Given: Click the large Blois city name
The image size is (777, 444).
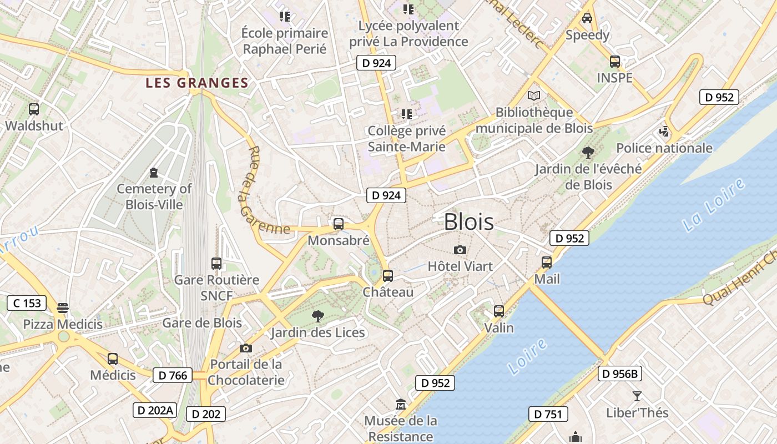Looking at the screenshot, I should pos(469,222).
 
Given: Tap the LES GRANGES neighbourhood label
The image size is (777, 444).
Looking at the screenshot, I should pos(196,83).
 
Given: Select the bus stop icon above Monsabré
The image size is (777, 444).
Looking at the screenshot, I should pos(338,224).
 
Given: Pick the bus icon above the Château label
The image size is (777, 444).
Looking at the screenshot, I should pos(388,275).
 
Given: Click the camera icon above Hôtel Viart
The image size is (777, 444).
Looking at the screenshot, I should pos(460,250).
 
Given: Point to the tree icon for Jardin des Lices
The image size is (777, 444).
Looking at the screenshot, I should pos(318,316).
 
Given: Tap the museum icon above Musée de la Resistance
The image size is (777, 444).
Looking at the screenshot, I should pos(400,404).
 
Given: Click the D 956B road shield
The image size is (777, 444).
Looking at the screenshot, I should pos(620,374).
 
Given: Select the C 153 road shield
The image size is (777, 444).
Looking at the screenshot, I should pos(27,303).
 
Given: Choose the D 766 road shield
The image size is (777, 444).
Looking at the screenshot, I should pos(173,376).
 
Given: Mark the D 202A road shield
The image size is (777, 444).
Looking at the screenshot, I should pos(155,411).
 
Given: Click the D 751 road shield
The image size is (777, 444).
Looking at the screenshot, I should pos(548,414).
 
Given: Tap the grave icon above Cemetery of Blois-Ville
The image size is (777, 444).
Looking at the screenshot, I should pos(154,173).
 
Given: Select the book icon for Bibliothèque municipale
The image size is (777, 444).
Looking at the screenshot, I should pos(534,96).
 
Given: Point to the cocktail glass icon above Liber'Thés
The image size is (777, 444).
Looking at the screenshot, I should pos(637,396).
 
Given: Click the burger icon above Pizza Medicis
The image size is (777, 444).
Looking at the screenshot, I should pos(63,307).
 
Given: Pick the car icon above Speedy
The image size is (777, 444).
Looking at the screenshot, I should pos(587,18).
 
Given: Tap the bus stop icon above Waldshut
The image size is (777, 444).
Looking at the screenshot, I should pos(34,109).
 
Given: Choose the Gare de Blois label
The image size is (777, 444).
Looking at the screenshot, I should pos(202,323).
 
